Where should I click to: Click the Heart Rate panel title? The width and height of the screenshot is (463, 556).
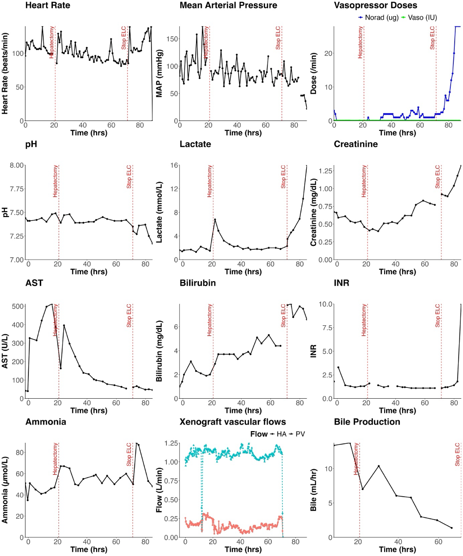tap(47, 6)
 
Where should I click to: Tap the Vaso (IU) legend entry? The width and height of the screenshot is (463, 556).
tap(419, 17)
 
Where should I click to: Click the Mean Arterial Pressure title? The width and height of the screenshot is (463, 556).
tap(228, 6)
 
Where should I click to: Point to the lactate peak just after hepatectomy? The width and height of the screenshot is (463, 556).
tap(215, 219)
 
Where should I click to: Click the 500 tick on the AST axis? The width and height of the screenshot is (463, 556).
tap(16, 307)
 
